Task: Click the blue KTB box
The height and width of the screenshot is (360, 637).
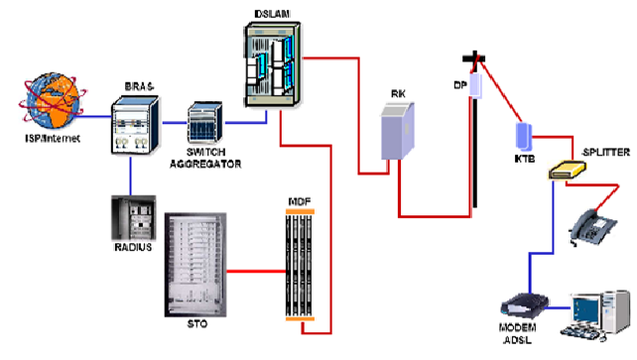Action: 522,135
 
